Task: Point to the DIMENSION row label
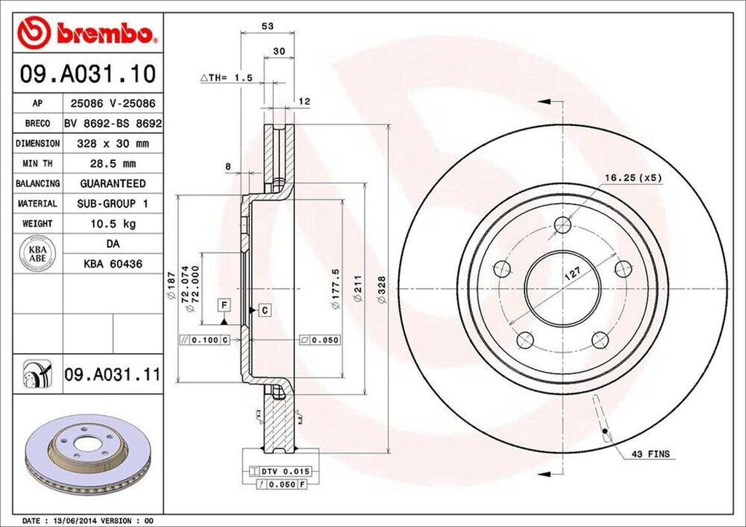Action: [x=37, y=144]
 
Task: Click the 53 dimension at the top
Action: [x=267, y=26]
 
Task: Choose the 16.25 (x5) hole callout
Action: [x=632, y=178]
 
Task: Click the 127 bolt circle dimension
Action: [x=573, y=274]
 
